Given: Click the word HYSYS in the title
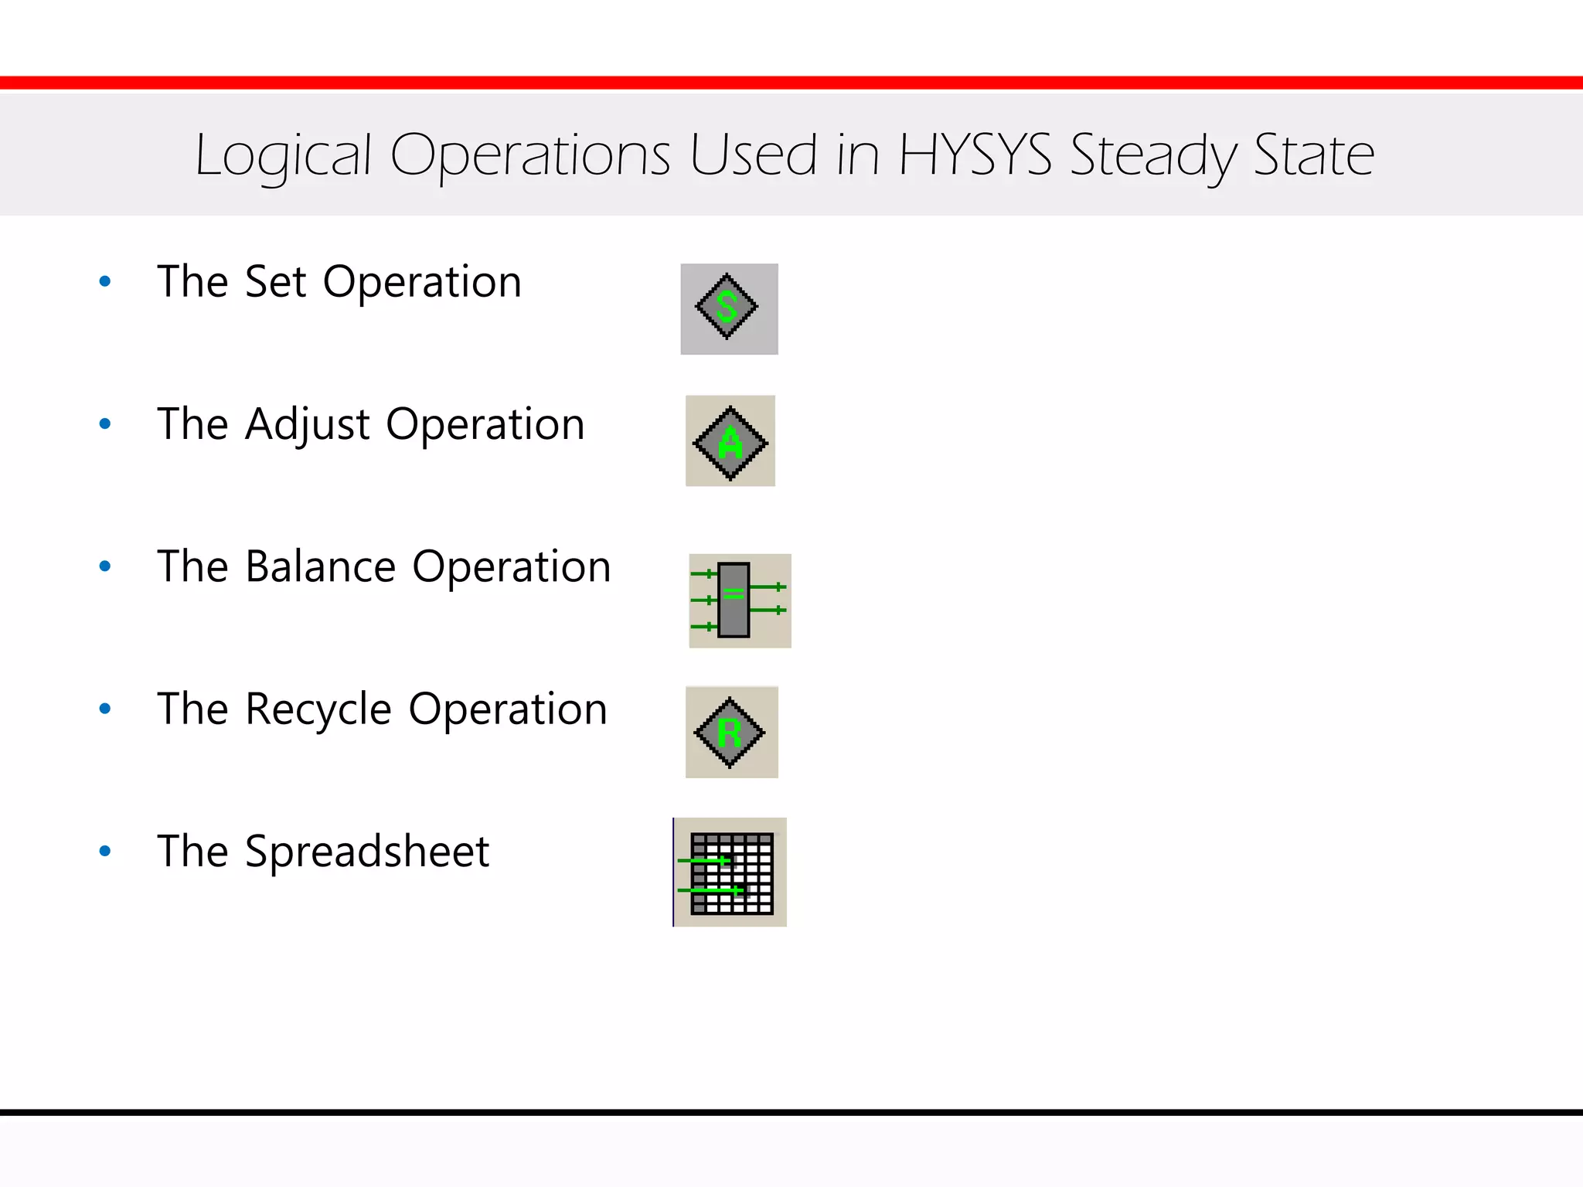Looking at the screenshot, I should [975, 155].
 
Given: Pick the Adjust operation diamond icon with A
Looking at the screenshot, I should [730, 442].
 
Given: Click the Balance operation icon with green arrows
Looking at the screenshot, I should [739, 600].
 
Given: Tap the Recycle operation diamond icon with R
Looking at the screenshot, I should [730, 733].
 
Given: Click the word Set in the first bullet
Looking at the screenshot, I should [275, 281].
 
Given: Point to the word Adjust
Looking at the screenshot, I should [307, 425].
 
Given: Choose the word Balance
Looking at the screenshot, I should [321, 566].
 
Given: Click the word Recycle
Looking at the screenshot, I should [318, 710].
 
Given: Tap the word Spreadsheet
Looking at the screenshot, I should [366, 852].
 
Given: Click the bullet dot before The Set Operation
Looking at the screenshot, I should [105, 282].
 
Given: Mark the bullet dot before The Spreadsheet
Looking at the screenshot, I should [105, 852].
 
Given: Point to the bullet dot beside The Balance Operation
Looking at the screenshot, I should [105, 566].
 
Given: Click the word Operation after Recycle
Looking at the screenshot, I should [507, 710].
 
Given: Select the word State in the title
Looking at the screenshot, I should [1313, 155].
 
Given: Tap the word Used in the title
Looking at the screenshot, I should [753, 155].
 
